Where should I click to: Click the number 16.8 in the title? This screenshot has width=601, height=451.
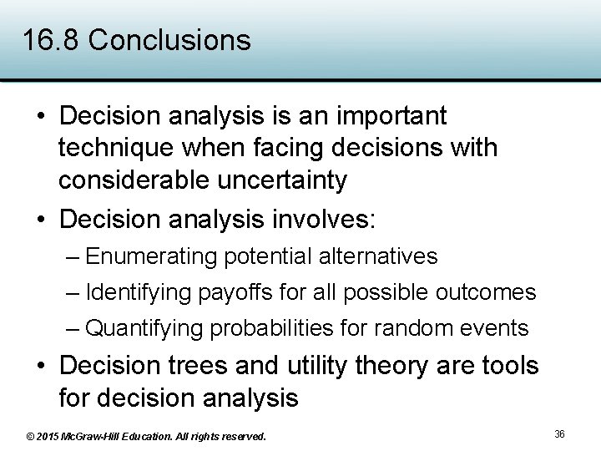51,40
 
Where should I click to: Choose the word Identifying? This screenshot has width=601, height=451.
139,292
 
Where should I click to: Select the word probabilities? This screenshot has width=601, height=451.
273,328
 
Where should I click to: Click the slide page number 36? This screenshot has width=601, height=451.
559,434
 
